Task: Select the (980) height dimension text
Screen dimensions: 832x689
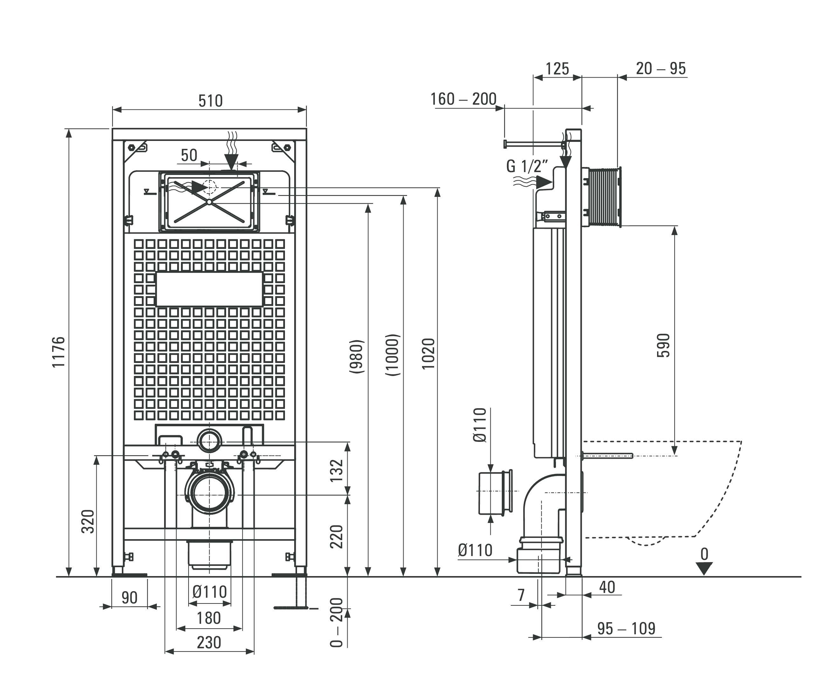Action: click(x=356, y=357)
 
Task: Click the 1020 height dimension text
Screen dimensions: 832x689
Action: click(x=428, y=354)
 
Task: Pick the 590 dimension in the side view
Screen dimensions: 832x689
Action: click(x=663, y=345)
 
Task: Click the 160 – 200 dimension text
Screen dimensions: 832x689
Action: click(x=463, y=99)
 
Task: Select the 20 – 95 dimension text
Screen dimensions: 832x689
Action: click(x=661, y=68)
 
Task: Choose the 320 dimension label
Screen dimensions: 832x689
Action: click(x=88, y=521)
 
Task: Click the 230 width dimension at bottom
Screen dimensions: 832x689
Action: click(x=209, y=643)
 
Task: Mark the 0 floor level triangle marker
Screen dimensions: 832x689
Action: click(x=704, y=568)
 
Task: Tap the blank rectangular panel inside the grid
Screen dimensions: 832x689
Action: click(x=209, y=289)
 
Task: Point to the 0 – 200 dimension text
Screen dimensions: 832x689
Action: click(x=336, y=623)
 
